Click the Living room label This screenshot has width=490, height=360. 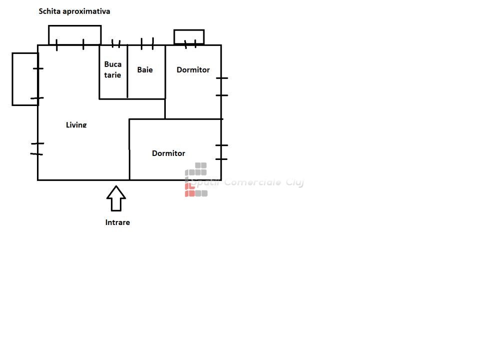[x=76, y=124]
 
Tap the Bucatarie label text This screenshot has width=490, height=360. [x=113, y=69]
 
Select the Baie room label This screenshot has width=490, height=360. [x=145, y=70]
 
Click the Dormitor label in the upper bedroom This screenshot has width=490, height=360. [x=193, y=70]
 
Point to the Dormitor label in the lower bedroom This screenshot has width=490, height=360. [x=168, y=153]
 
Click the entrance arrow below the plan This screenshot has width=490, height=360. [x=116, y=198]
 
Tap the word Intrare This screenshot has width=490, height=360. [x=117, y=222]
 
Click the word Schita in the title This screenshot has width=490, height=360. [x=50, y=11]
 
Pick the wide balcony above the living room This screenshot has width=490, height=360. [x=74, y=35]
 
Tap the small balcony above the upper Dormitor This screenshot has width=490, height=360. [x=189, y=37]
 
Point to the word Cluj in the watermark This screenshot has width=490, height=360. [x=295, y=182]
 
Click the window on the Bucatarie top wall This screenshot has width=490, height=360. [x=116, y=44]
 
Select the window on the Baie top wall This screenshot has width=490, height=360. [x=147, y=44]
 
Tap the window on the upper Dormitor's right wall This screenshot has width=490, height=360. [x=221, y=86]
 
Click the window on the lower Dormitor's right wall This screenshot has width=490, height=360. [x=221, y=152]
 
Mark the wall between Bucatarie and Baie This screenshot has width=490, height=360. [x=127, y=71]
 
